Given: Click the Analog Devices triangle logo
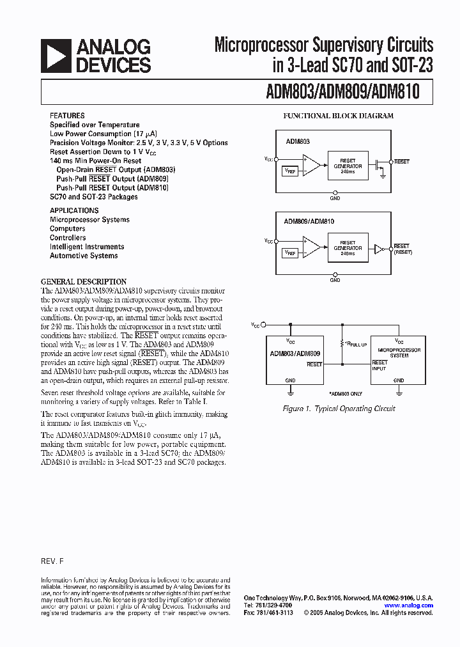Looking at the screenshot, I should pos(56,56).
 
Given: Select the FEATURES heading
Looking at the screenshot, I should pos(67,116).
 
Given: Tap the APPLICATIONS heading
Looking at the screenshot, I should pos(74,210).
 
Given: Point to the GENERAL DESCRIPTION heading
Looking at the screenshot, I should pos(84,281).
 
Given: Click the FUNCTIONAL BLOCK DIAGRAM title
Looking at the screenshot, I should pos(338,116).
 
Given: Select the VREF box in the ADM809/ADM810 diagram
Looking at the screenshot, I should pos(289,253).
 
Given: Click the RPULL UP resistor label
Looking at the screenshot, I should pos(355,344).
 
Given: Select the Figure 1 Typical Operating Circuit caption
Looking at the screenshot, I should pos(339,409).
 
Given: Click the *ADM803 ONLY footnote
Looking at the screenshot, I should pos(346,394).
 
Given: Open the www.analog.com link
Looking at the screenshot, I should pos(409,605).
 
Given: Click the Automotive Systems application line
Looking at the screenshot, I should pos(84,256).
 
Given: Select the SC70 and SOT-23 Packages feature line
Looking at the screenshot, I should pos(94,197).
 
